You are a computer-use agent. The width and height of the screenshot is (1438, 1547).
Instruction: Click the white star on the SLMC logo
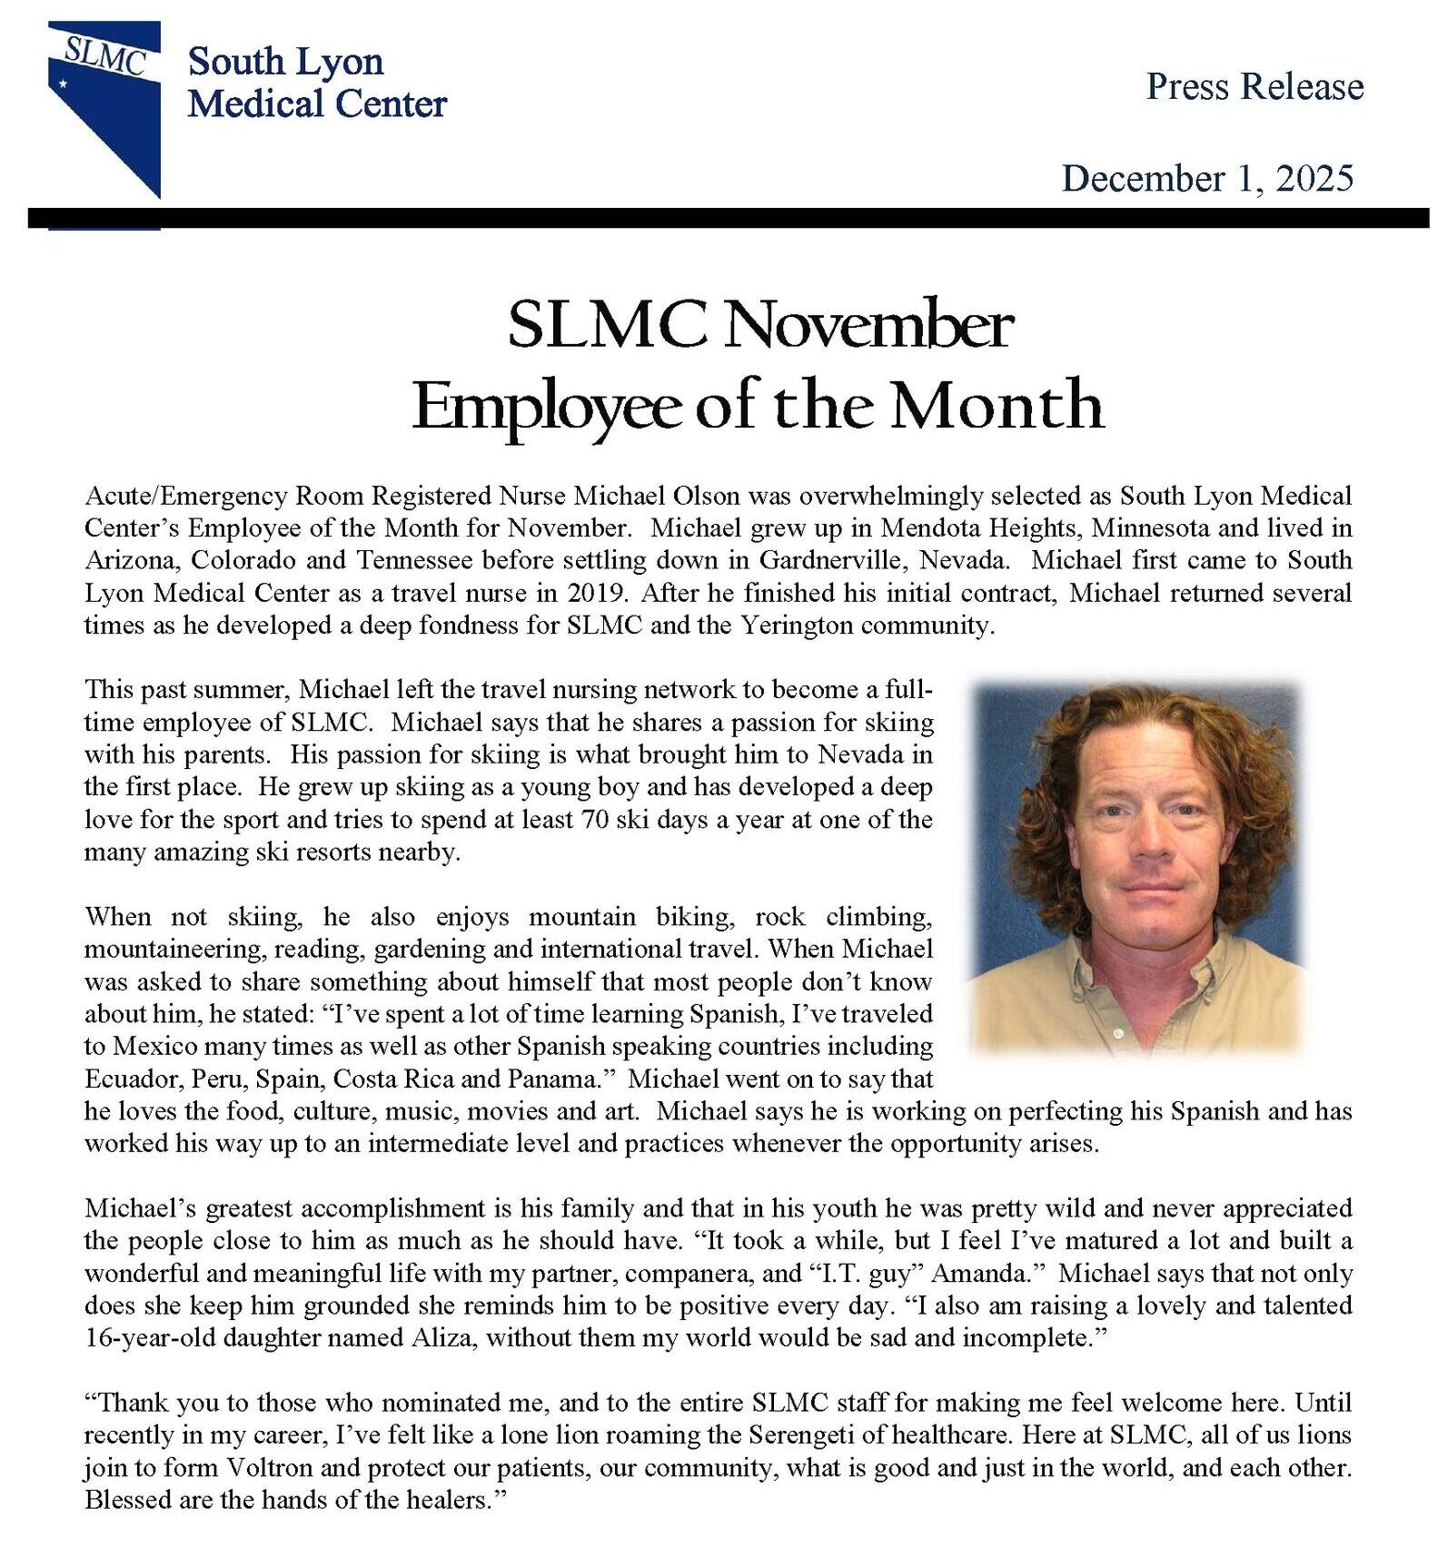[x=63, y=84]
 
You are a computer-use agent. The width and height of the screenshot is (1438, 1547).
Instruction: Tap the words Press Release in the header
[x=1255, y=87]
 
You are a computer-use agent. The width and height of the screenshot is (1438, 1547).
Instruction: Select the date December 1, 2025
[x=1207, y=178]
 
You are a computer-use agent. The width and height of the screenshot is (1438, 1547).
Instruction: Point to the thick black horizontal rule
[x=727, y=218]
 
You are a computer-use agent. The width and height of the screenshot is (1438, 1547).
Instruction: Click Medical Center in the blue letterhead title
[x=317, y=104]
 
